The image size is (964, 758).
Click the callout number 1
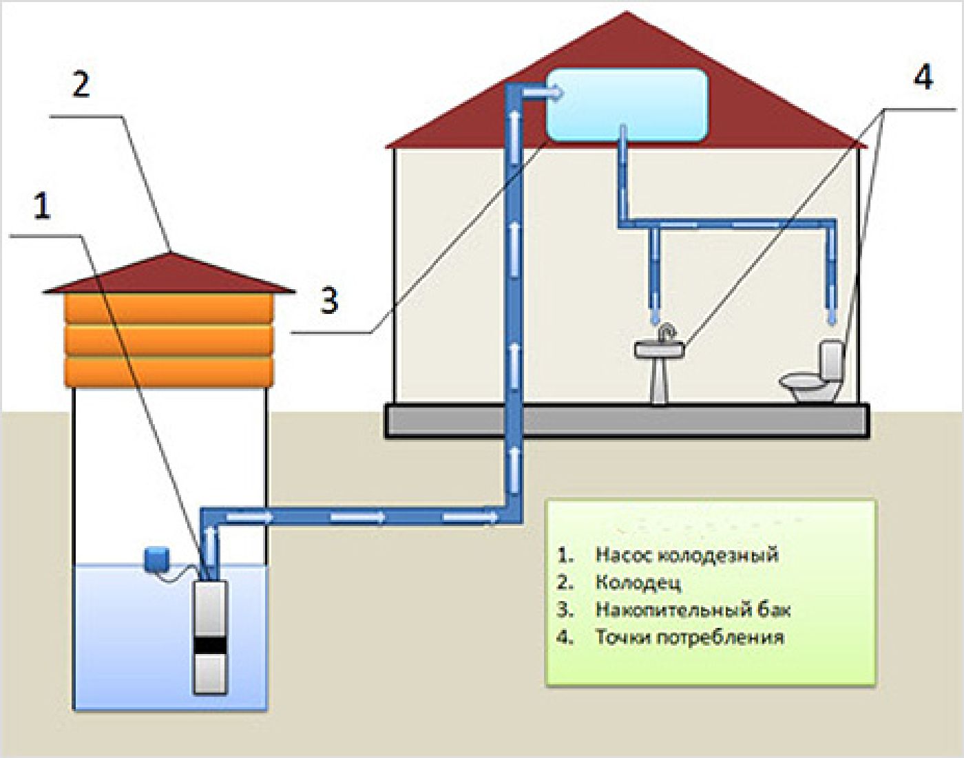[x=43, y=206]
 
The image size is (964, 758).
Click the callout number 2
[x=81, y=84]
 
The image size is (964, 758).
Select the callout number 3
[x=329, y=300]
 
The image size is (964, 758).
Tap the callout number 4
[x=923, y=76]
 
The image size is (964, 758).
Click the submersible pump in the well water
[x=209, y=637]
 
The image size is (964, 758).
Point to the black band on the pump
[x=209, y=645]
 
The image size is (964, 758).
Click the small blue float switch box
[x=156, y=558]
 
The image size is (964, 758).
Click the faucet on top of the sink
[x=665, y=333]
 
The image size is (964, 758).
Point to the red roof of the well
[x=169, y=275]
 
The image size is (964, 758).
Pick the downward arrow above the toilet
[x=832, y=306]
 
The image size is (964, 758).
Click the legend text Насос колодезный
[x=686, y=555]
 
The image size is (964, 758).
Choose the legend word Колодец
[x=638, y=582]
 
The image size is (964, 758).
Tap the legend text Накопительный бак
[x=692, y=609]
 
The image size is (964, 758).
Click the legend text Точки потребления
[x=689, y=637]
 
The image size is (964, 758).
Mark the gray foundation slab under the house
[x=627, y=421]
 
